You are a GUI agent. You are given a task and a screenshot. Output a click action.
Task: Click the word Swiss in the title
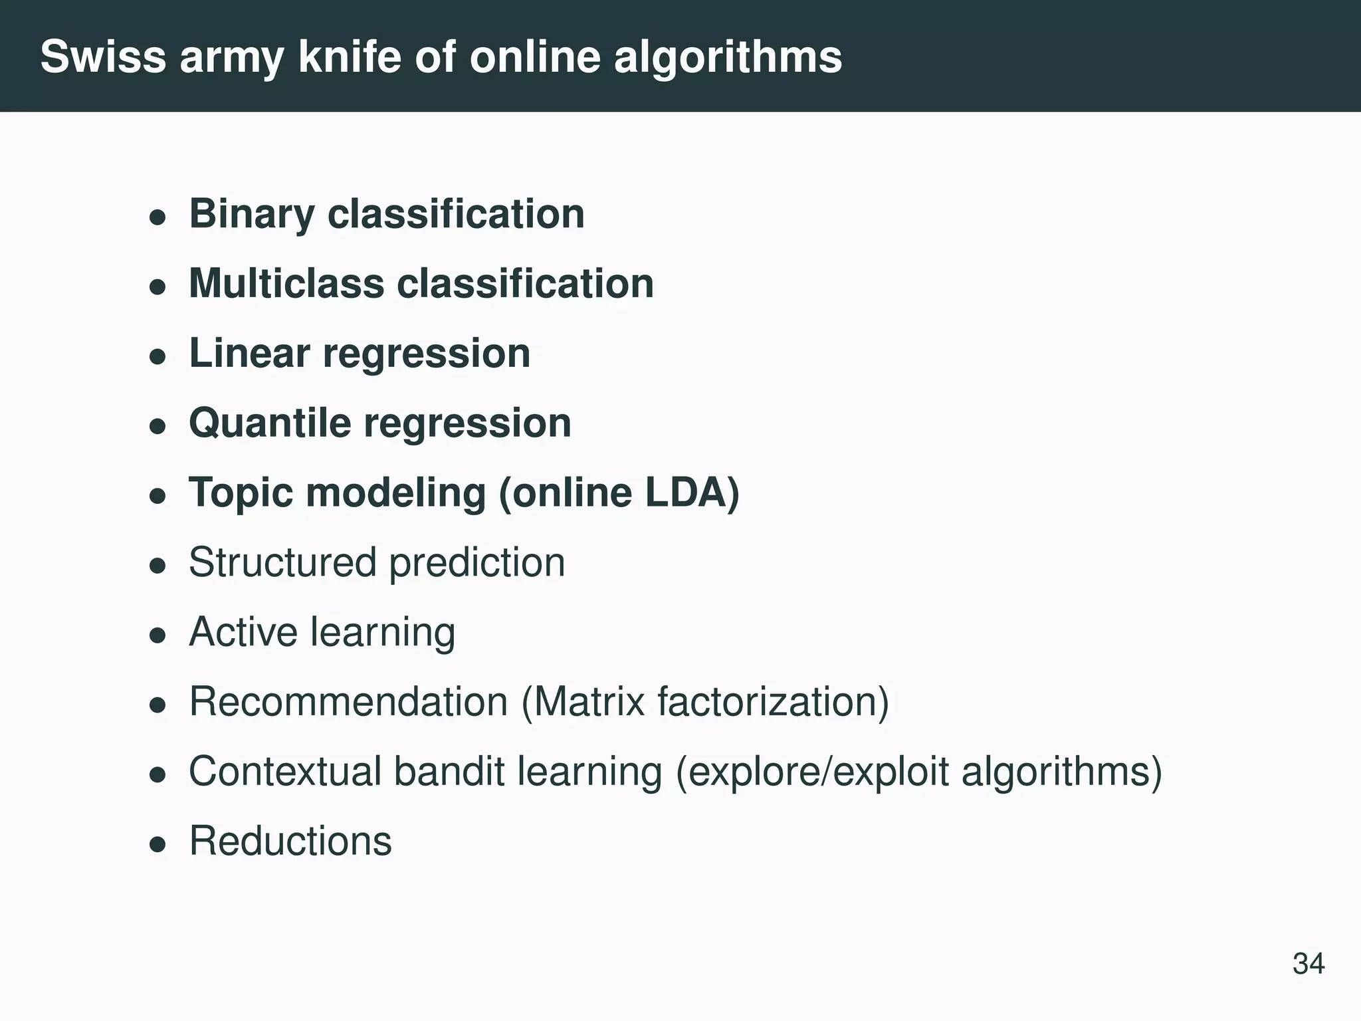click(102, 57)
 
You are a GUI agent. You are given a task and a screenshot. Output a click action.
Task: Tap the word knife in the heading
click(350, 57)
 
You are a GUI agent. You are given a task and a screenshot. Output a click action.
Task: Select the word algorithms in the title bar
click(728, 58)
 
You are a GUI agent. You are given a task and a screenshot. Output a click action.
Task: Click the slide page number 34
click(1309, 963)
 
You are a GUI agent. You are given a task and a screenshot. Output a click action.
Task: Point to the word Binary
click(252, 215)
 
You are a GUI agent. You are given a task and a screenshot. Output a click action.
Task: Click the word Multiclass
click(286, 284)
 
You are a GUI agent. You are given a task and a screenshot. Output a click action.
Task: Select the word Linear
click(249, 353)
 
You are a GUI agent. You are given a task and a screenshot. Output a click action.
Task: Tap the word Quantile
click(270, 423)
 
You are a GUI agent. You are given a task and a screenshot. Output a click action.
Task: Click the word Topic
click(241, 493)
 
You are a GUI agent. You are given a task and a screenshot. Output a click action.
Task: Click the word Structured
click(282, 562)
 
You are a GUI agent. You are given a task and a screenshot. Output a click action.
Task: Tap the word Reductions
click(290, 841)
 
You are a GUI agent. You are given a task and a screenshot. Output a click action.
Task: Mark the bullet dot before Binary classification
click(157, 217)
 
